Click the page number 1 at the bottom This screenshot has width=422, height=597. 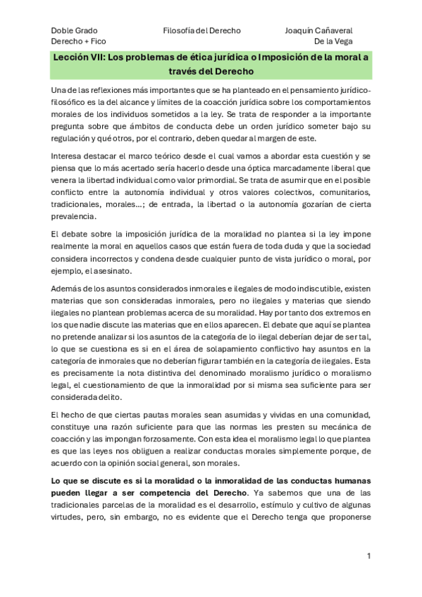point(368,556)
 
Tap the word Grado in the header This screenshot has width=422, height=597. point(87,31)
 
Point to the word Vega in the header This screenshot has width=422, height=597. point(342,42)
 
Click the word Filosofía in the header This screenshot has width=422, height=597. point(180,31)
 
